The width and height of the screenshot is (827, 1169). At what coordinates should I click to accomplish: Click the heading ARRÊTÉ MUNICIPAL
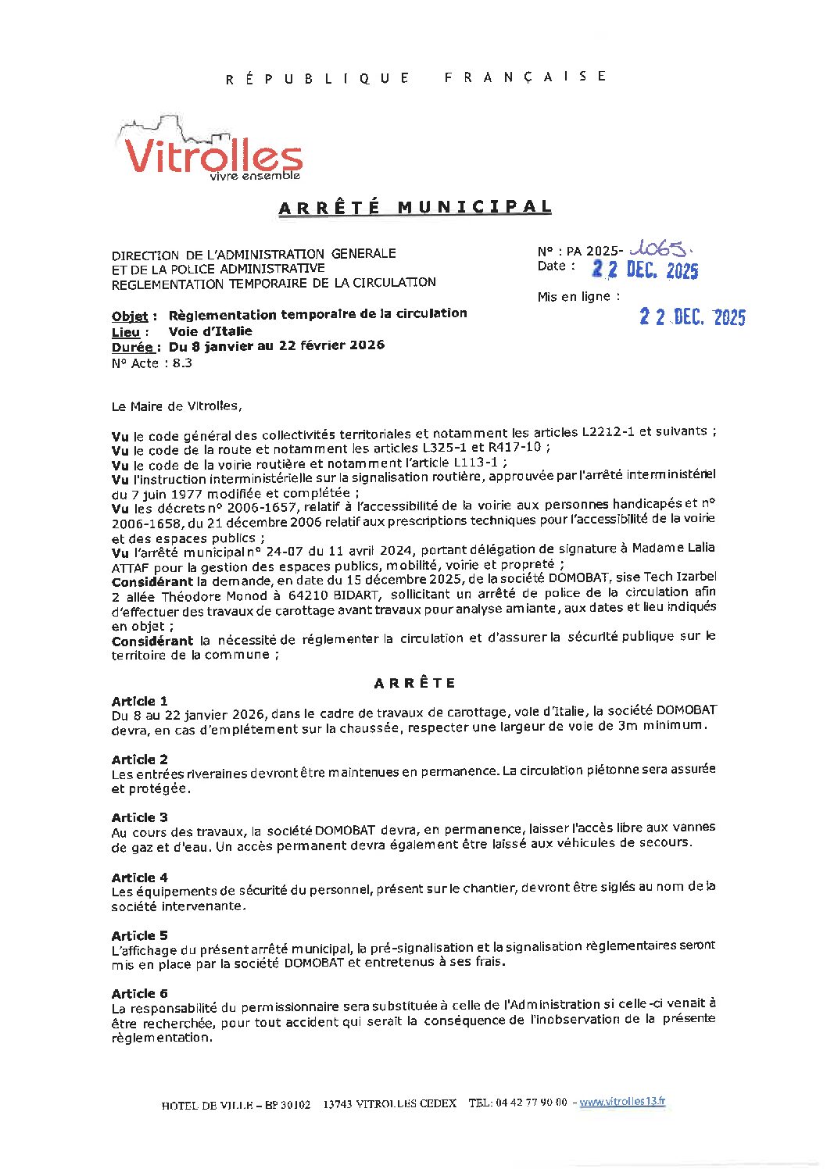(x=415, y=207)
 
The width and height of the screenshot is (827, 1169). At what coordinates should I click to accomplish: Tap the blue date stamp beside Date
(x=645, y=270)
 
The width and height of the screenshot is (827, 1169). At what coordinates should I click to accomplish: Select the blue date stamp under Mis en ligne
(x=692, y=316)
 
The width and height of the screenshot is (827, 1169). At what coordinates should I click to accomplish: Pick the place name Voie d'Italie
(x=210, y=331)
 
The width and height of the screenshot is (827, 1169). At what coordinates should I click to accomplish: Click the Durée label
(x=136, y=347)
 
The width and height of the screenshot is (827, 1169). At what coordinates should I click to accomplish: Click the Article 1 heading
(x=139, y=701)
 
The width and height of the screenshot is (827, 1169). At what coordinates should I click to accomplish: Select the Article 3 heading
(x=139, y=817)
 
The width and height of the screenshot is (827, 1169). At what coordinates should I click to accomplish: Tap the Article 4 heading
(x=139, y=878)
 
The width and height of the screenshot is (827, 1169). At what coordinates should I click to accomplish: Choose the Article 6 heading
(x=139, y=993)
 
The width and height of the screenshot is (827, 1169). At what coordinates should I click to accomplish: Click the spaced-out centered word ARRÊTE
(x=414, y=683)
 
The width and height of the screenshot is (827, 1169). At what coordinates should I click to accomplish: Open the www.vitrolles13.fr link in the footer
(x=622, y=1102)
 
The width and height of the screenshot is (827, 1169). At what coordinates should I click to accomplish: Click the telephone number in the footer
(x=532, y=1103)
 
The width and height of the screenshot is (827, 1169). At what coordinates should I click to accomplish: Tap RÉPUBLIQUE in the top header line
(x=317, y=78)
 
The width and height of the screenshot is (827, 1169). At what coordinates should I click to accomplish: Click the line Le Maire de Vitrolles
(x=177, y=406)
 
